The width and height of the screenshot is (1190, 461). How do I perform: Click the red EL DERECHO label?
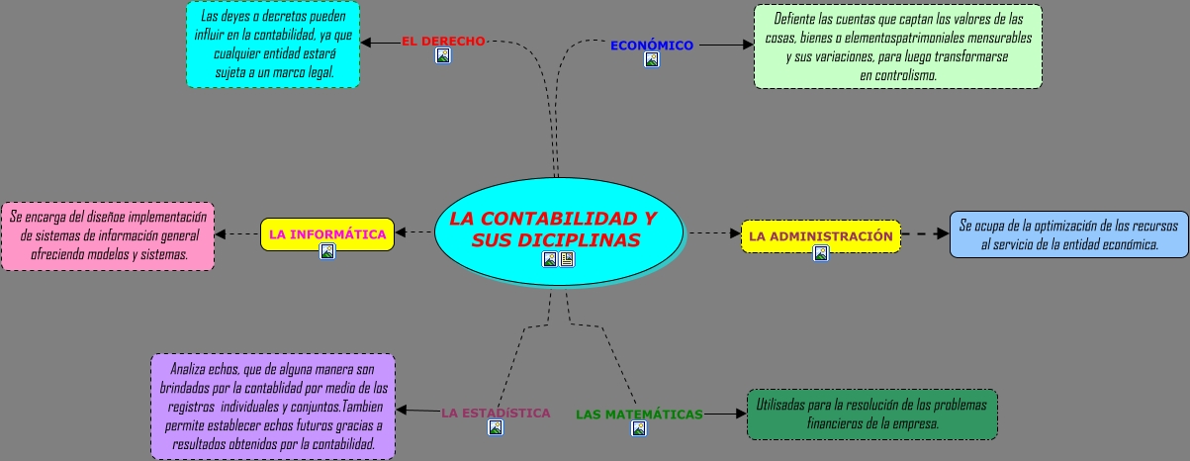pyautogui.click(x=443, y=41)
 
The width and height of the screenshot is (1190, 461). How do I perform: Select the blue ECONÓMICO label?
pyautogui.click(x=652, y=46)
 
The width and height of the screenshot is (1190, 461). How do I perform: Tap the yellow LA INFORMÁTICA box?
pyautogui.click(x=327, y=234)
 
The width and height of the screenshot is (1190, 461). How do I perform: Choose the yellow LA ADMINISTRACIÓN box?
pyautogui.click(x=821, y=236)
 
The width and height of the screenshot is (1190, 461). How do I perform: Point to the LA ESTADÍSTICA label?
pyautogui.click(x=496, y=413)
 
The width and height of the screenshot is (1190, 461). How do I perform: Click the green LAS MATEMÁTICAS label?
pyautogui.click(x=639, y=415)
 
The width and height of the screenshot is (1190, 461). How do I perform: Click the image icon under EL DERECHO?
pyautogui.click(x=443, y=55)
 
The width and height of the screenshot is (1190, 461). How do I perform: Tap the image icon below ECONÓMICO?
pyautogui.click(x=652, y=59)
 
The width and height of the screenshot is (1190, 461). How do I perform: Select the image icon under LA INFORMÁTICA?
pyautogui.click(x=327, y=251)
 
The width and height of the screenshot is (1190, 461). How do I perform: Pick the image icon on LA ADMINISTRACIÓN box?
pyautogui.click(x=821, y=253)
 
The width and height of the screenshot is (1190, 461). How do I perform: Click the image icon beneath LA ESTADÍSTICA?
pyautogui.click(x=496, y=427)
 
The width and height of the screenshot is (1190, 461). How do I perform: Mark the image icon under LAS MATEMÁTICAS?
pyautogui.click(x=639, y=428)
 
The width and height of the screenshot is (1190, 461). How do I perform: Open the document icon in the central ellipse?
pyautogui.click(x=567, y=259)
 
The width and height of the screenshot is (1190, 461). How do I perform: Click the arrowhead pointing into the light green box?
pyautogui.click(x=748, y=46)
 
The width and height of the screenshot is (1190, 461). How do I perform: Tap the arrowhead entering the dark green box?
pyautogui.click(x=742, y=414)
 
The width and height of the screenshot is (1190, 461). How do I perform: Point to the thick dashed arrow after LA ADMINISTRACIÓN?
pyautogui.click(x=926, y=233)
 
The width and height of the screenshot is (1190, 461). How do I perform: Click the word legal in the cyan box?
pyautogui.click(x=320, y=72)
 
